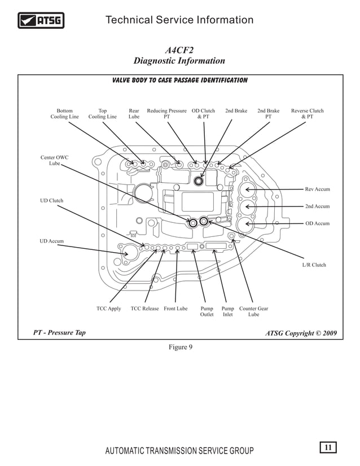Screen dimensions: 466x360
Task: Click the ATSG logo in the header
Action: tap(41, 21)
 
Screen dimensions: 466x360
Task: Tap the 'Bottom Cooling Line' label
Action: tap(65, 114)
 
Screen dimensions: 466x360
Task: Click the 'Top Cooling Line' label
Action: tap(102, 114)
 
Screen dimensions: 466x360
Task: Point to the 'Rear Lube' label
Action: tap(134, 114)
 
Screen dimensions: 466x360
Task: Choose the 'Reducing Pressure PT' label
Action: tap(166, 114)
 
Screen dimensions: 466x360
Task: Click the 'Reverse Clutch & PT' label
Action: tap(307, 114)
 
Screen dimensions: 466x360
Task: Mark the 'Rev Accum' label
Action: tap(317, 190)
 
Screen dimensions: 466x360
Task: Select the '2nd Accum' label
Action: tap(317, 206)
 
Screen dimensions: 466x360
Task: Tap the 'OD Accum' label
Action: tap(317, 223)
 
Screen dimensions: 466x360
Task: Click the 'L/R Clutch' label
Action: tap(314, 265)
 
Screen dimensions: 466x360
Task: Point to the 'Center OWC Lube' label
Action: tap(55, 160)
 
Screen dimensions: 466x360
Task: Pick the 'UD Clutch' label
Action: tap(51, 201)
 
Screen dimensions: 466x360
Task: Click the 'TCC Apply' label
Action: tap(109, 309)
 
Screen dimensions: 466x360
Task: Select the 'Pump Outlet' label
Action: tap(207, 311)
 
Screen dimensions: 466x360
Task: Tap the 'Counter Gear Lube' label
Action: tap(253, 311)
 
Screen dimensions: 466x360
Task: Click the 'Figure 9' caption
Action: tap(181, 347)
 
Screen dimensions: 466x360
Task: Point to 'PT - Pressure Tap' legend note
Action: tap(59, 333)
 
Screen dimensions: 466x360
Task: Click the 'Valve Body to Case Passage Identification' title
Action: tap(180, 81)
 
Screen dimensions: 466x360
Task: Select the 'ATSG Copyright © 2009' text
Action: tap(301, 333)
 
